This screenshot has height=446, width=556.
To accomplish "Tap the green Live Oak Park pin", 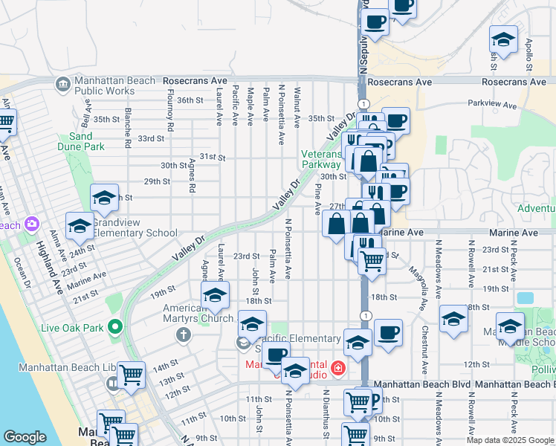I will point(114,326).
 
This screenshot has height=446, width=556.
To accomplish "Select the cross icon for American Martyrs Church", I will point(183,335).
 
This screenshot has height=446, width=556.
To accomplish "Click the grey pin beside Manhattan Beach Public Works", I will point(63,84).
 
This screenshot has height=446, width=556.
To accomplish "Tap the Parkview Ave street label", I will point(492,105).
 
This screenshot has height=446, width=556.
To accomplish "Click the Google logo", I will point(25,437).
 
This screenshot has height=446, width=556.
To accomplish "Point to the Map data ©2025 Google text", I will point(509,440).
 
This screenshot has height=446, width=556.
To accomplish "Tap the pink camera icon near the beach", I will point(32,223).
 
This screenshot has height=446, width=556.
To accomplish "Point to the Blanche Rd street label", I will point(128,127).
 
